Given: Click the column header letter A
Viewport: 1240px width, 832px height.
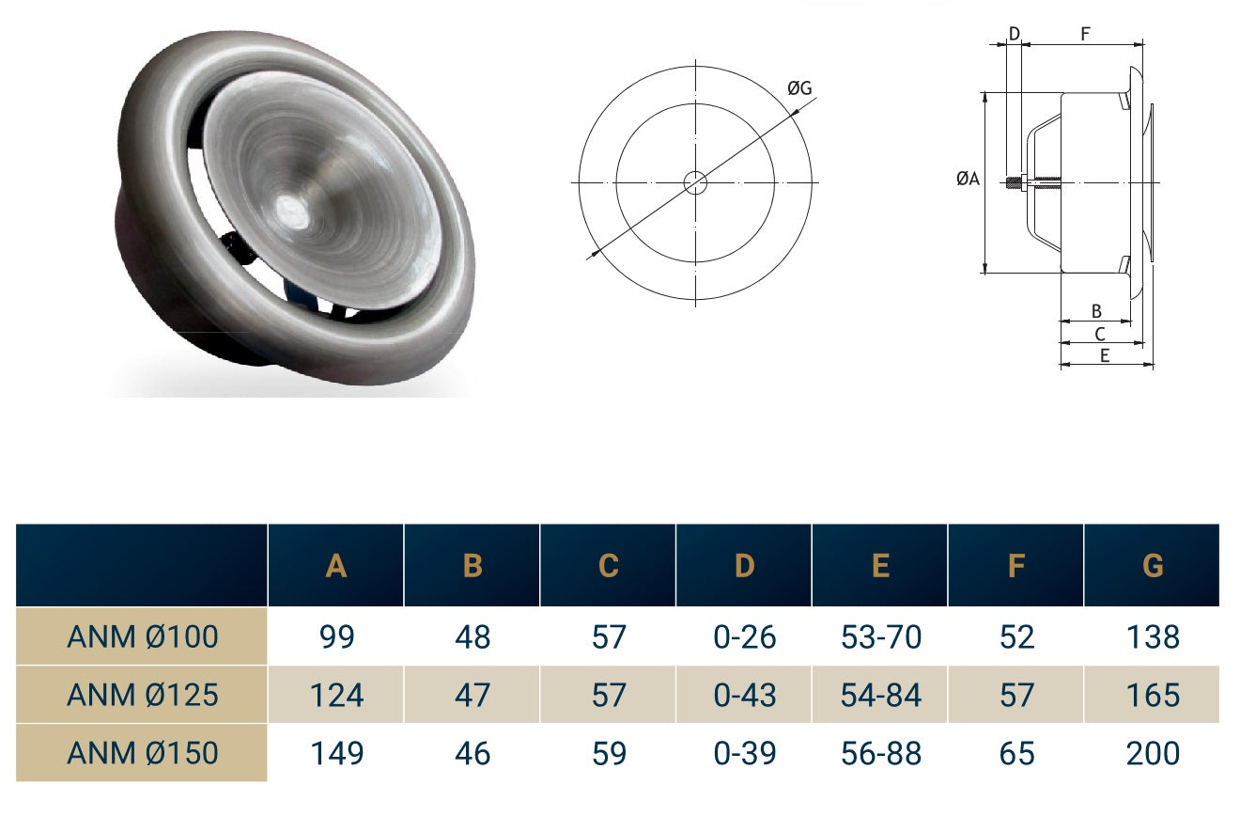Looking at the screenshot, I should coord(336,566).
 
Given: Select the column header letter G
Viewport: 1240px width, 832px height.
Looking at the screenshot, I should coord(1153,566).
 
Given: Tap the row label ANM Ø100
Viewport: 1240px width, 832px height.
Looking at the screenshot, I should coord(143,637).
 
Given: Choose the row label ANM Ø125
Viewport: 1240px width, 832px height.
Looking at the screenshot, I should coord(143,695).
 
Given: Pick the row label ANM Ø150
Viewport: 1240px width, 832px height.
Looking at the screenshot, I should coord(143,753).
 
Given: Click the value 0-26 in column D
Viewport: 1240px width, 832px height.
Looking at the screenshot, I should coord(744,637).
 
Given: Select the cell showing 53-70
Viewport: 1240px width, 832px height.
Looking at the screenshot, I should coord(880,637).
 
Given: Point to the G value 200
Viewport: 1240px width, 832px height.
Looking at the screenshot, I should coord(1153,753).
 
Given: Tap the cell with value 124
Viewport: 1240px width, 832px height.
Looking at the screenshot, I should coord(336,695).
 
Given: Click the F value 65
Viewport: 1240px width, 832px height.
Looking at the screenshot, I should coord(1016,753).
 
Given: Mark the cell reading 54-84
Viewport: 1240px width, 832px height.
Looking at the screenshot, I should coord(880,695).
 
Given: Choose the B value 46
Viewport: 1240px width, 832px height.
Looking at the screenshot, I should coord(473,753).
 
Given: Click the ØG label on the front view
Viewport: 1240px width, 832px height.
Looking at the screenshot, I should coord(799,88).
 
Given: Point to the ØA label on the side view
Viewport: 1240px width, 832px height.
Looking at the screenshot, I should coord(968,179).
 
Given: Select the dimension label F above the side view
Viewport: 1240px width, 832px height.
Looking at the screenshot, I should coord(1085,35).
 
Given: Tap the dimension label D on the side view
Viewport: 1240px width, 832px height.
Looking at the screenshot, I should coord(1014,35).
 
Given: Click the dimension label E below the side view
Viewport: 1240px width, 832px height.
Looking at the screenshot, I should coord(1105,355).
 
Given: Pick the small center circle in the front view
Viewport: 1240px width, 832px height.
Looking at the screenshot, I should coord(695,182).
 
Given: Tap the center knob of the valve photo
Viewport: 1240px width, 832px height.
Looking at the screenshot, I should coord(293,212).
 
